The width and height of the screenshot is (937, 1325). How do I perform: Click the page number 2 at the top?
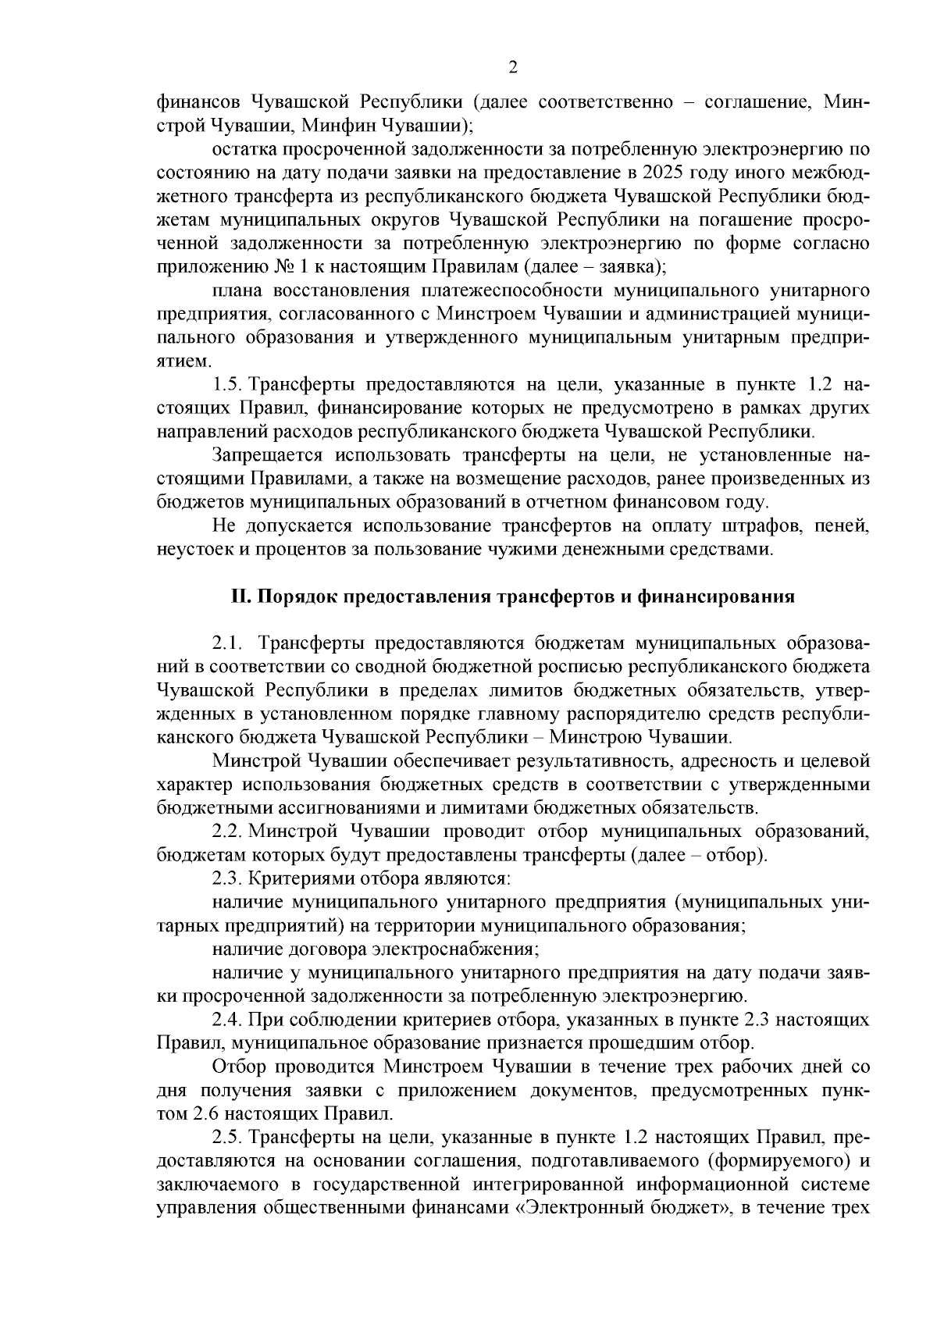[x=513, y=67]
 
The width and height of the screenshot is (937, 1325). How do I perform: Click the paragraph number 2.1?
[x=228, y=644]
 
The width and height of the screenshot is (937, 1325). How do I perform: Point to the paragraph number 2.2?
[x=228, y=832]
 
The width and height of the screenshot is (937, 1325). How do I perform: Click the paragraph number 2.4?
[x=228, y=1020]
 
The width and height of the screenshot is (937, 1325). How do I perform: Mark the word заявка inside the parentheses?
[x=622, y=267]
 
